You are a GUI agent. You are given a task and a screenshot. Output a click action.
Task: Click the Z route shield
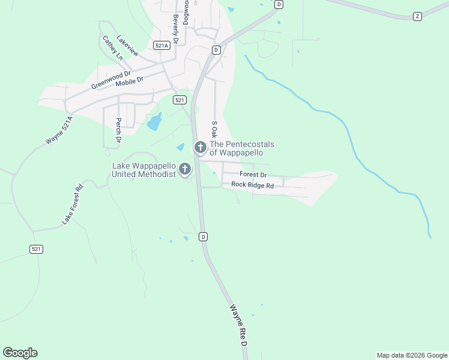[417, 16]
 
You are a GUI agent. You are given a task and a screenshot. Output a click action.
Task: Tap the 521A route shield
[160, 45]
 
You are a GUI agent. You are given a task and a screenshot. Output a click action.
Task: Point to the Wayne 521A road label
[59, 131]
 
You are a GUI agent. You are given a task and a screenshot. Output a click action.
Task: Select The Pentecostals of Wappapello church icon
[200, 147]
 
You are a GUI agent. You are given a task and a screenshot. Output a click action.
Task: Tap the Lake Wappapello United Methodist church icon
[185, 169]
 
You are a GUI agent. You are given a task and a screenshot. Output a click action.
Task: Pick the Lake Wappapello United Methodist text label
[145, 170]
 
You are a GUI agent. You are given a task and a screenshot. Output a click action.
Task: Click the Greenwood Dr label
[111, 80]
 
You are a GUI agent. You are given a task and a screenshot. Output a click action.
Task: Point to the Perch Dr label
[118, 130]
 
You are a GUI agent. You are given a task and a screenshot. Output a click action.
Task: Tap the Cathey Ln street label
[112, 47]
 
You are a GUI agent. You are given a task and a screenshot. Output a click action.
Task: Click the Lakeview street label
[128, 45]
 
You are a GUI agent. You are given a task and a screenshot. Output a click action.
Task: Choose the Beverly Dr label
[176, 31]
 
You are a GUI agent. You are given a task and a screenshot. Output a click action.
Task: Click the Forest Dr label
[253, 175]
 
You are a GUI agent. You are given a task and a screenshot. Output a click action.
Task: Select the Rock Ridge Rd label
[253, 185]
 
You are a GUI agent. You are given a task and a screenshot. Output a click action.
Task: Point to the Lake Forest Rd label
[72, 205]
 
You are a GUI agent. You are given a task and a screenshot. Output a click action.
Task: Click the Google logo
[20, 353]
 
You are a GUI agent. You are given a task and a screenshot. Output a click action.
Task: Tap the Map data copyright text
[411, 355]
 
